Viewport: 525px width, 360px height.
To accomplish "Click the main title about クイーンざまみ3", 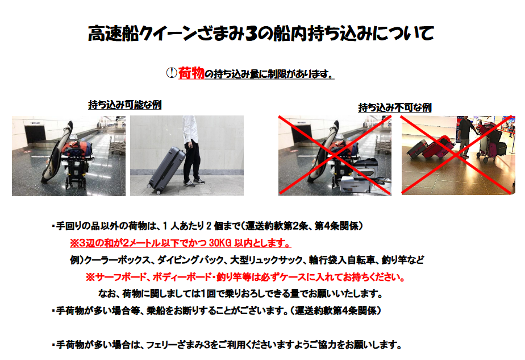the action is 261,34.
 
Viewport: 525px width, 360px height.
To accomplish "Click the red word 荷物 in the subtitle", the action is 191,73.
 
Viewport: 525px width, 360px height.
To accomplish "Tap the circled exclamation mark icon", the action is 172,73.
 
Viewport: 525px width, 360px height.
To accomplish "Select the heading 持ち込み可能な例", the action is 125,105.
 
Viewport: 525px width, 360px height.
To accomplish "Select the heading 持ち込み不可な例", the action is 395,107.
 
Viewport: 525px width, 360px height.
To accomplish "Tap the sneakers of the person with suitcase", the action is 194,183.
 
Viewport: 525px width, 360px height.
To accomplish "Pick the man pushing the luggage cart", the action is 466,136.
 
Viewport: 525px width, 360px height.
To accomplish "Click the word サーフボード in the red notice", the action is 121,277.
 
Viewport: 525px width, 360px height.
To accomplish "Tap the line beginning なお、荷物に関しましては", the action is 240,293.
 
